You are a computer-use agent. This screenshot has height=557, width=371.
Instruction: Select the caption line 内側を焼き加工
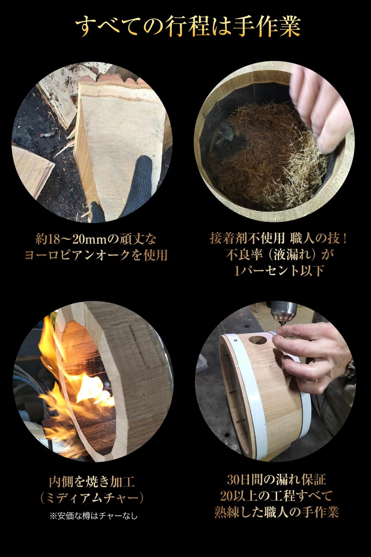[x=93, y=482]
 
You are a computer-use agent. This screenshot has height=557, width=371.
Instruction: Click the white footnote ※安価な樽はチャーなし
[x=93, y=516]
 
